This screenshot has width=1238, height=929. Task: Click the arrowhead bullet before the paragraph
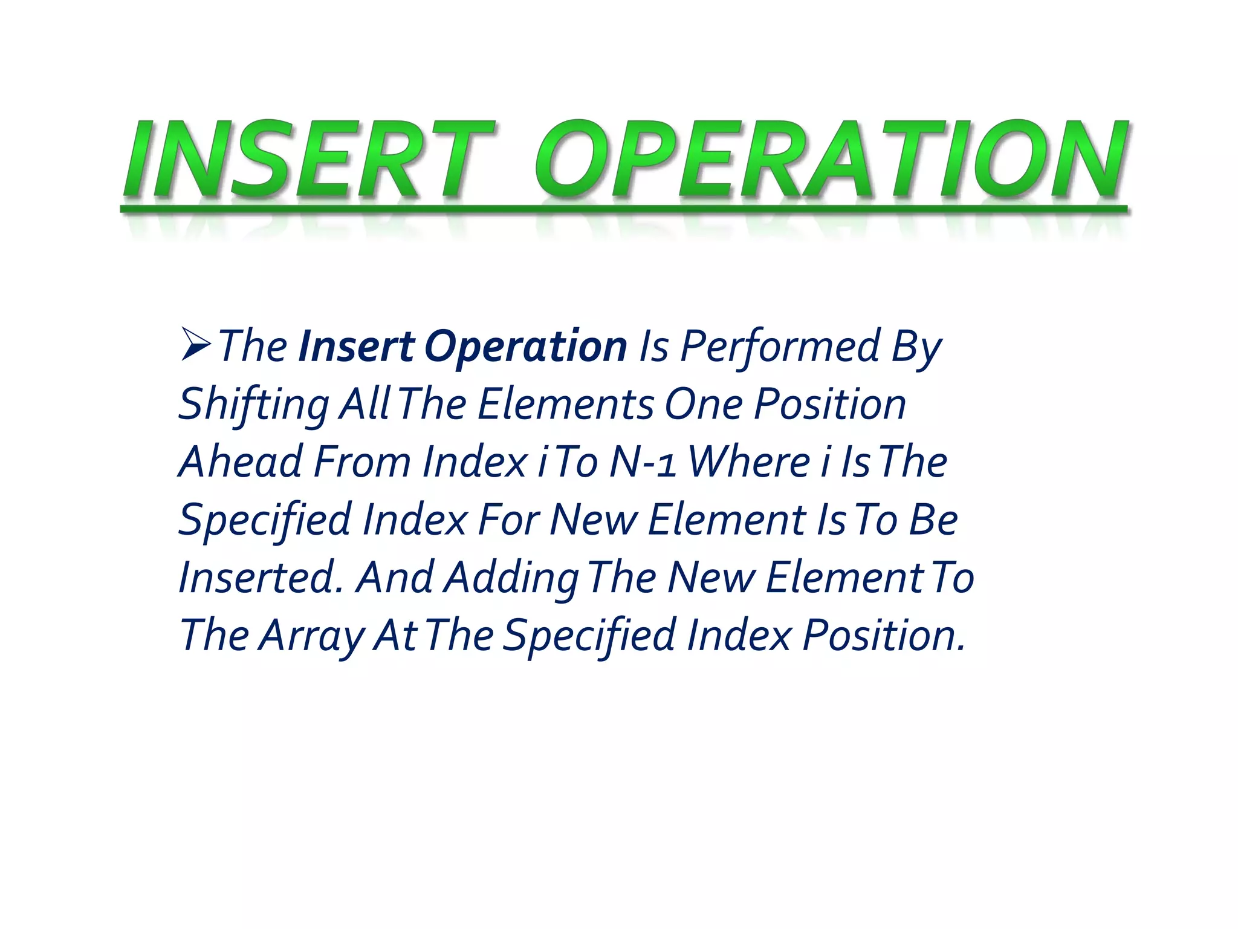click(195, 345)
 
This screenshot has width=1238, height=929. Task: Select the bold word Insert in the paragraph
click(356, 347)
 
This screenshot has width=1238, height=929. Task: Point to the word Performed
click(780, 347)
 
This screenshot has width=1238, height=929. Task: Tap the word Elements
click(566, 404)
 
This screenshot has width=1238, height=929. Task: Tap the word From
click(363, 462)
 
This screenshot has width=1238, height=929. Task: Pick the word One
click(704, 404)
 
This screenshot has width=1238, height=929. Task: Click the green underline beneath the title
click(623, 209)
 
